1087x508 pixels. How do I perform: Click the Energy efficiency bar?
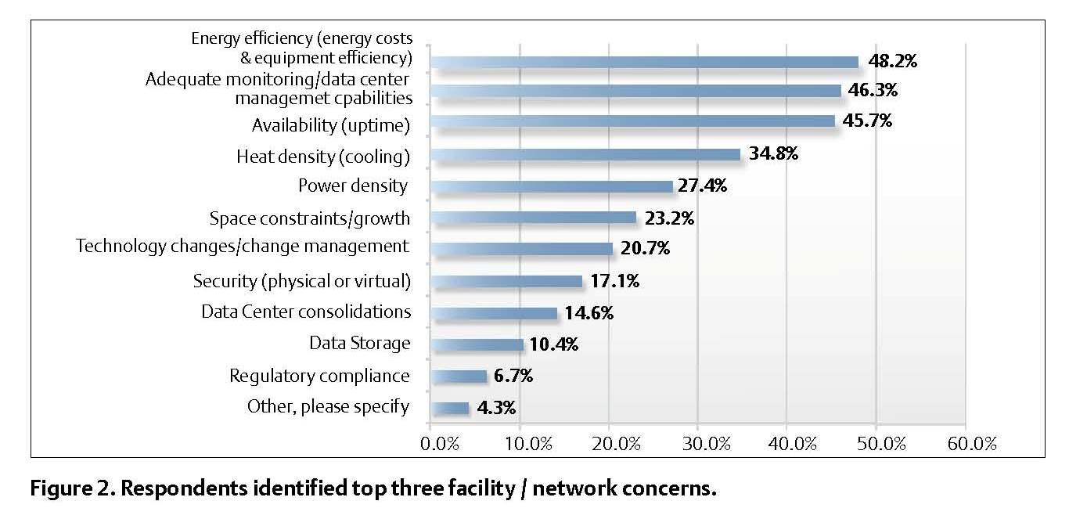pos(644,62)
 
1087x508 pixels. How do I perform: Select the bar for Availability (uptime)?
pos(632,121)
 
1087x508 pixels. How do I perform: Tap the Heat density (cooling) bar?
pos(585,154)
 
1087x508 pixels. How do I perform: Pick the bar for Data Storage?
pos(477,344)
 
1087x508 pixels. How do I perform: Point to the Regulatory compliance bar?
pos(459,376)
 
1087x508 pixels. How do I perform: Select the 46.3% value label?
pos(873,90)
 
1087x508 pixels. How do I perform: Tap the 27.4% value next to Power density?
pos(704,186)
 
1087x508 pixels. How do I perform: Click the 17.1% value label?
pos(614,281)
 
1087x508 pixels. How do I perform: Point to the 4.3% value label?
pos(495,408)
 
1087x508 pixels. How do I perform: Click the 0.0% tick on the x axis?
pos(439,444)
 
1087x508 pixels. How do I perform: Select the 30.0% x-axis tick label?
pos(707,444)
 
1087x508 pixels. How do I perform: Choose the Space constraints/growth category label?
pos(310,218)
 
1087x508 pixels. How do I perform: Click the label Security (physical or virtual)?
pos(302,281)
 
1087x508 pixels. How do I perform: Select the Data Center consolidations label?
pos(306,312)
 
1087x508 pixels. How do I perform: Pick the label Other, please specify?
pos(328,406)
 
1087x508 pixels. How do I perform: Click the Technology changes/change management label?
pos(243,247)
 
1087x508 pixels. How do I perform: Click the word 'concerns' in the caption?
pos(672,490)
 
